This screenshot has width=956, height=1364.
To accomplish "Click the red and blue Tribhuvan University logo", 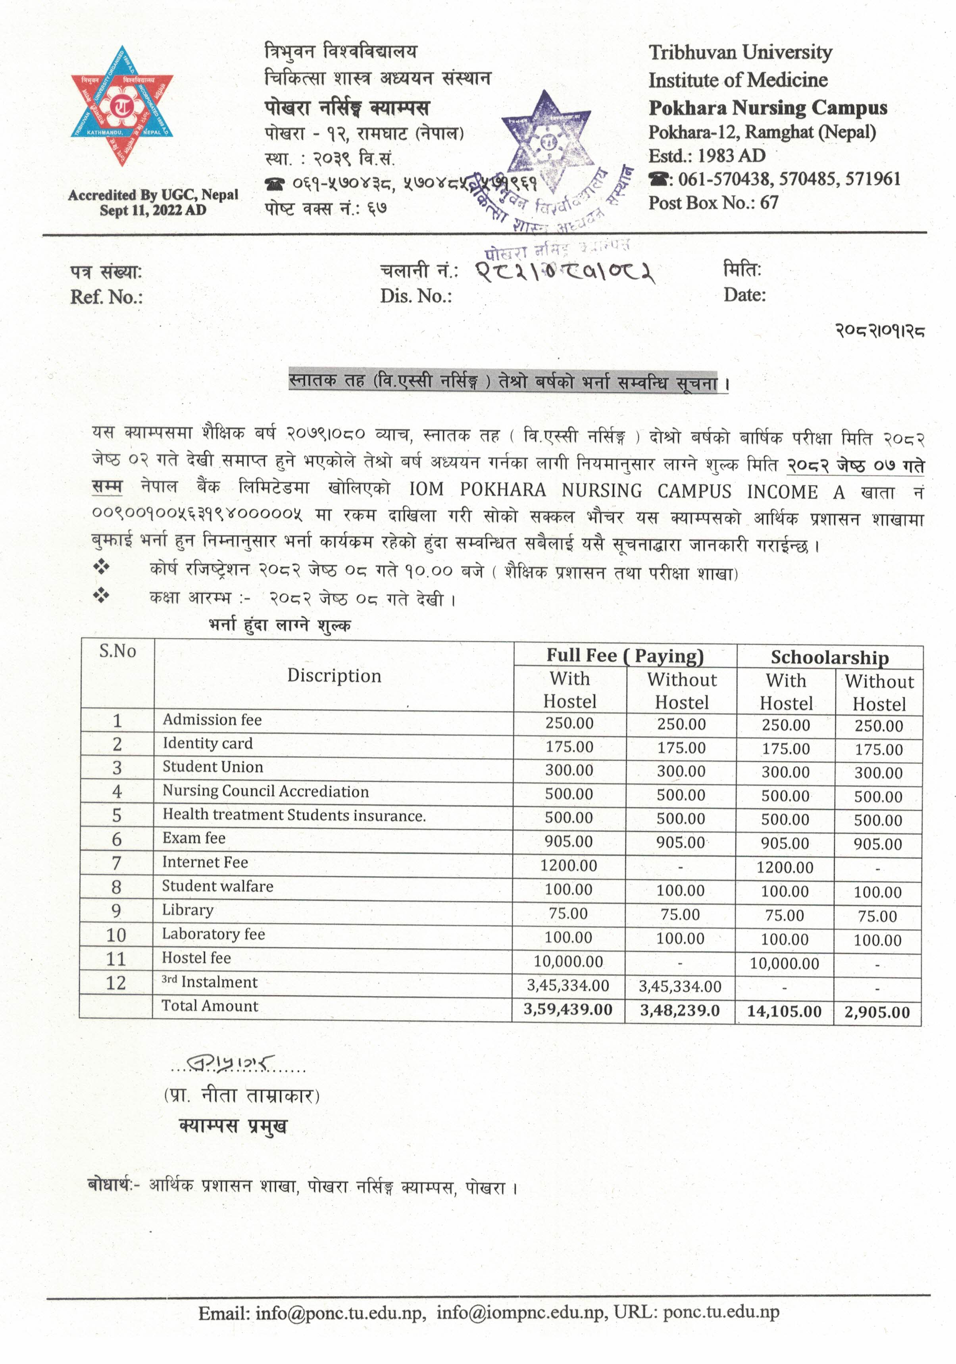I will coord(122,106).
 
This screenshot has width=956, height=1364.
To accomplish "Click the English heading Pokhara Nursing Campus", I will coord(767,108).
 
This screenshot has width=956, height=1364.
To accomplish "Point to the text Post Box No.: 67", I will coord(713,203).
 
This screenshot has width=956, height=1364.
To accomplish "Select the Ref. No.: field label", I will coord(106,296).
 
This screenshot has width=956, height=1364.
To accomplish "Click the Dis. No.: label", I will coord(416,295).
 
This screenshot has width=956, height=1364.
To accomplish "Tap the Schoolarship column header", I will coord(829,657).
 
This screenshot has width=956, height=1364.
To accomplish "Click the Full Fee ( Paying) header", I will coord(625,655).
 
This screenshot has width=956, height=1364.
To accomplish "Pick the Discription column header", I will coord(334,675).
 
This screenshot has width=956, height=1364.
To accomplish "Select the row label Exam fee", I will coord(194,838).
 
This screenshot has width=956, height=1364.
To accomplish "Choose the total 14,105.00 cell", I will coord(784,1012).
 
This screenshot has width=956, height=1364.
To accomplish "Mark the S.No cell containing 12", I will coord(116,983).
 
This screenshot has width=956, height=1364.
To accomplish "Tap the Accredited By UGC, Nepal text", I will coord(153,195).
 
